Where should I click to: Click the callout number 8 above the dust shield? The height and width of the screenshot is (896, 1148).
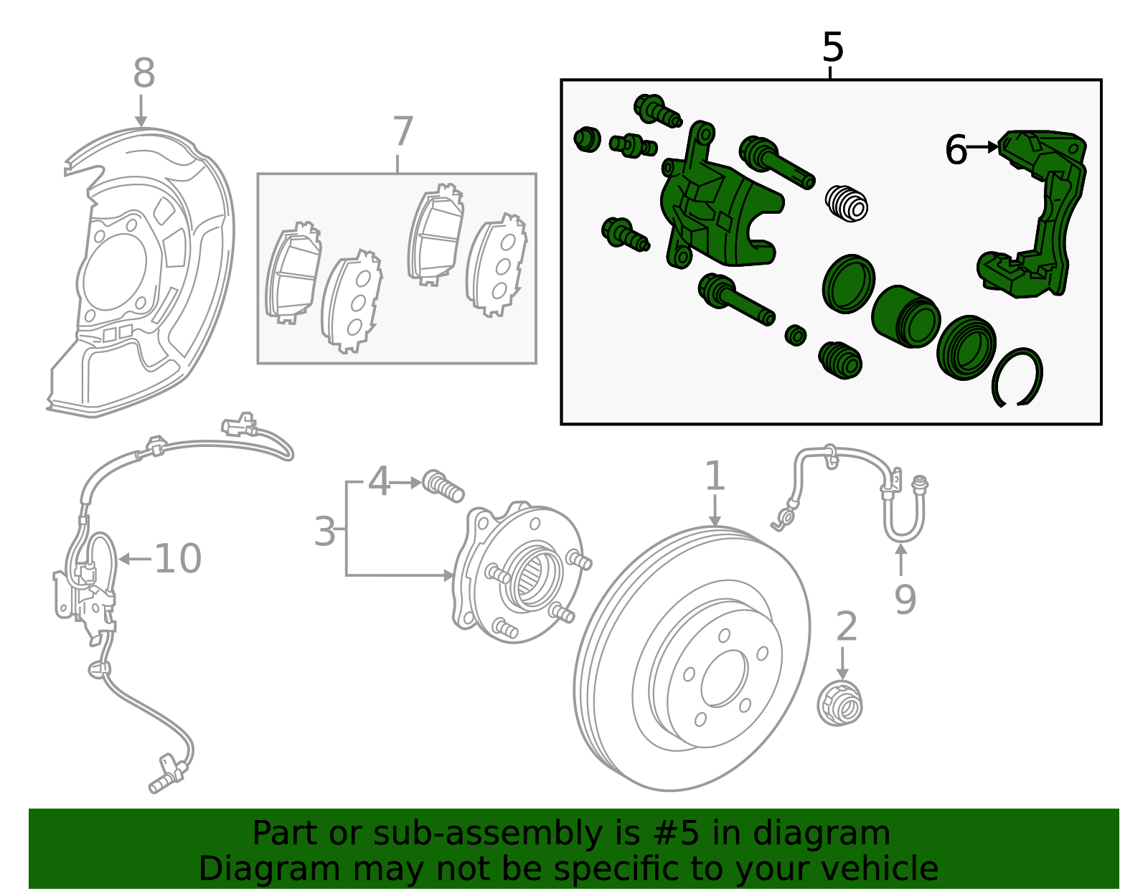click(x=143, y=73)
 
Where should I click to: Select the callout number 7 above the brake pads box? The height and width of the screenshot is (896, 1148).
click(x=403, y=131)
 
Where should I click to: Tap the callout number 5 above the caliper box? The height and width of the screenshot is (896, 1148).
click(x=832, y=48)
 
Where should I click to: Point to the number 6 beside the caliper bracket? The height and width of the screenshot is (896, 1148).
click(x=956, y=151)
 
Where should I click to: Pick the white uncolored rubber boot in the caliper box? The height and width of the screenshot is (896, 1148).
click(x=847, y=203)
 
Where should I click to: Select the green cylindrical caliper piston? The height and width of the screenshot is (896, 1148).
click(x=905, y=316)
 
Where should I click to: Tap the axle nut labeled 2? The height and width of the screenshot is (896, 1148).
click(x=840, y=703)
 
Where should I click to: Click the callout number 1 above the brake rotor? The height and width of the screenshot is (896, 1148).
click(x=715, y=476)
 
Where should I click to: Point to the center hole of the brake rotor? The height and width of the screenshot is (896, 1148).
click(x=724, y=679)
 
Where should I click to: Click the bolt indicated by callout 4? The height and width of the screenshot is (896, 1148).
click(x=443, y=486)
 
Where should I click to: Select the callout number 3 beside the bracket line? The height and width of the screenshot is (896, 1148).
click(x=324, y=532)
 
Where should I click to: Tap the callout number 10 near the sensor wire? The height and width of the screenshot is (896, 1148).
click(x=177, y=559)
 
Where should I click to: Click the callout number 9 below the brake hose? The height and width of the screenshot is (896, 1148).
click(x=905, y=599)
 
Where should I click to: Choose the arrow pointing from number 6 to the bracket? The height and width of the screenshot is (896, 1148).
click(x=983, y=147)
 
